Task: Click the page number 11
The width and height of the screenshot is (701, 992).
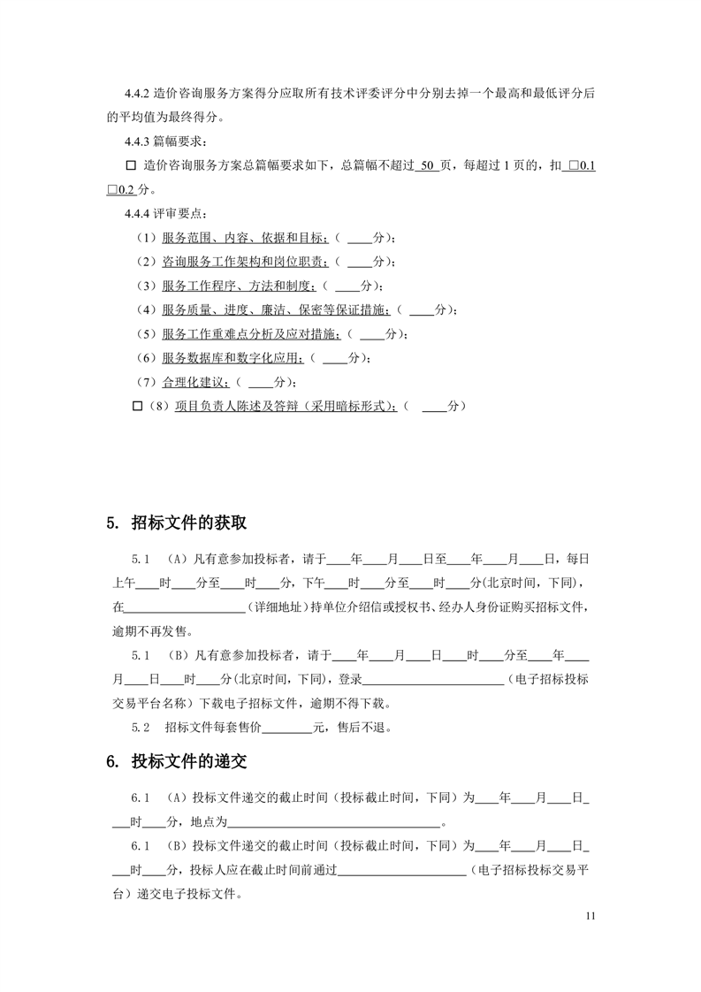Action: (x=591, y=916)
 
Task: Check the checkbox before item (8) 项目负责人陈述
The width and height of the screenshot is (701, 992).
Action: (x=137, y=406)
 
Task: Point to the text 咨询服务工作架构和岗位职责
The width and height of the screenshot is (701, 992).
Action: (x=245, y=262)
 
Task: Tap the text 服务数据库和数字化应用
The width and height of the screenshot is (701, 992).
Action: (x=232, y=358)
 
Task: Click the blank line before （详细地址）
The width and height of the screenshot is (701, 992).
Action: (x=185, y=608)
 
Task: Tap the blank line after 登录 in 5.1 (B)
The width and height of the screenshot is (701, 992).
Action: (x=432, y=680)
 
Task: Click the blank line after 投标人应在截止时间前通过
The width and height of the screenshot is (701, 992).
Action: (x=402, y=870)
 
